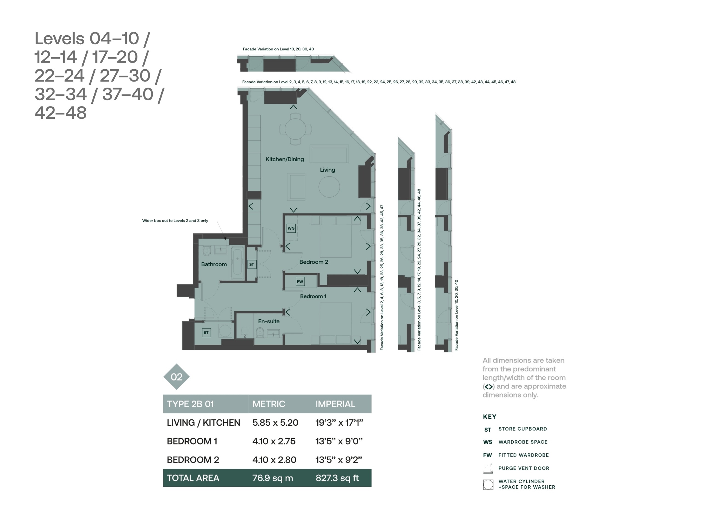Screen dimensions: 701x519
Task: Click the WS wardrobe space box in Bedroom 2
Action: pyautogui.click(x=291, y=228)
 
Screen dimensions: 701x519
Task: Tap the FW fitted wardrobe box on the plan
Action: pyautogui.click(x=300, y=281)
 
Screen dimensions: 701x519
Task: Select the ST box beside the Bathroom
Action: pyautogui.click(x=252, y=264)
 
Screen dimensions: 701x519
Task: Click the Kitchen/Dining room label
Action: pyautogui.click(x=285, y=159)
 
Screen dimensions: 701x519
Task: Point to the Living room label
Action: pyautogui.click(x=327, y=170)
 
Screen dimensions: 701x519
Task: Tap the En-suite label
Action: pyautogui.click(x=269, y=321)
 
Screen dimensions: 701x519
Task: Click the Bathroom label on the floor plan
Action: pyautogui.click(x=214, y=264)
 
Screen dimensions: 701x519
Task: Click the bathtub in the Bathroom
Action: pyautogui.click(x=237, y=263)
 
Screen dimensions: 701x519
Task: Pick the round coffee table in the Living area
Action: pyautogui.click(x=329, y=187)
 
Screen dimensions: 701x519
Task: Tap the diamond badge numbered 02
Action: pyautogui.click(x=177, y=377)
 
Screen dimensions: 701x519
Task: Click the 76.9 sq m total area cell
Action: pyautogui.click(x=272, y=478)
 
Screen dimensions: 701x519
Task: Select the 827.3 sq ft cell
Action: pyautogui.click(x=337, y=478)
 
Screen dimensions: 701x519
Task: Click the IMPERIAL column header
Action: pyautogui.click(x=335, y=404)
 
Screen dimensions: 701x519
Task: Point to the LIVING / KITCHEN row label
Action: pyautogui.click(x=203, y=423)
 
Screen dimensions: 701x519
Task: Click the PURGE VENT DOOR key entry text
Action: pyautogui.click(x=524, y=468)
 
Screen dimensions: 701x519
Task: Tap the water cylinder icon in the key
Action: pyautogui.click(x=488, y=485)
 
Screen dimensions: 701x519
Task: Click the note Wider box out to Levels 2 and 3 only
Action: pyautogui.click(x=175, y=221)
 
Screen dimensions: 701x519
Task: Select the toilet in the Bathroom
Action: pyautogui.click(x=206, y=251)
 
